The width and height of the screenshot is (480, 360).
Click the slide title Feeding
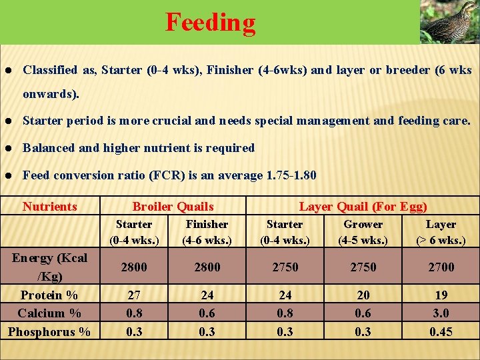(210, 22)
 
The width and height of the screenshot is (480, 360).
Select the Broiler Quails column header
(173, 207)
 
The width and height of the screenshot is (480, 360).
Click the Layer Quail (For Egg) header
(363, 207)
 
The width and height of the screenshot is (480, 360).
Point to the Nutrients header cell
(50, 207)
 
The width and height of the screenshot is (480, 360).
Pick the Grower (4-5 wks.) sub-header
(363, 232)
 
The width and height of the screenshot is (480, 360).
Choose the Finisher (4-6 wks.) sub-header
(207, 232)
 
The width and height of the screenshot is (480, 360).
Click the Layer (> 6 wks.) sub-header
(441, 232)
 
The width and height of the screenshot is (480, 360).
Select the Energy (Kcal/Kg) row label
(50, 267)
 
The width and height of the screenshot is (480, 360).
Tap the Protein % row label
(49, 295)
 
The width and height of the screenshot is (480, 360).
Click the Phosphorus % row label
(49, 331)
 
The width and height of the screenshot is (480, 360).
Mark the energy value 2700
(441, 267)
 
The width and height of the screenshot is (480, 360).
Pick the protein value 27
(134, 295)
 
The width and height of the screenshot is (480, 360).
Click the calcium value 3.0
(441, 313)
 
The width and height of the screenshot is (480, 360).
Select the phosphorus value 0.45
(441, 331)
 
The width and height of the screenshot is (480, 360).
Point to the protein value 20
(363, 295)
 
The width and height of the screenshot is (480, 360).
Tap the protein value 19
(441, 295)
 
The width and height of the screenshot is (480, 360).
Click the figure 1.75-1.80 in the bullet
(291, 175)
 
